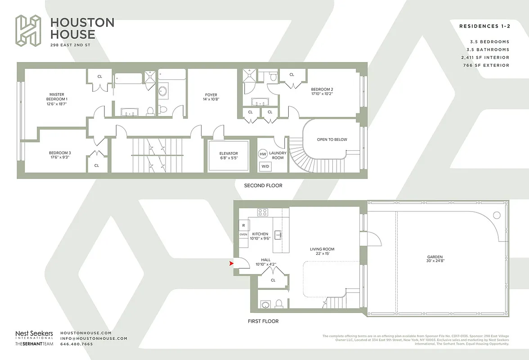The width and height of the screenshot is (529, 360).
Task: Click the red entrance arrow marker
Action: click(231, 264)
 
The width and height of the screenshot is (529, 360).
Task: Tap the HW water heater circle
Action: click(263, 154)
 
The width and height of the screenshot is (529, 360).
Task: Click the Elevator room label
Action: click(229, 153)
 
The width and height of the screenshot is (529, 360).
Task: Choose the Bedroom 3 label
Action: click(60, 153)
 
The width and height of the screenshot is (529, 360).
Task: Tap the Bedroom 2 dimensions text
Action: click(322, 94)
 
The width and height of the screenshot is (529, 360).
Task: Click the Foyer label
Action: click(211, 95)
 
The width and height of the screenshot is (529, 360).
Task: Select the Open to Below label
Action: click(332, 139)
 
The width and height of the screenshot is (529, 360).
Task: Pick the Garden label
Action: click(435, 257)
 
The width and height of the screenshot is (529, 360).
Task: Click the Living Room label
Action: click(322, 249)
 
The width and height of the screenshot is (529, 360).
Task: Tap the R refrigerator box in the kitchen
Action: click(243, 225)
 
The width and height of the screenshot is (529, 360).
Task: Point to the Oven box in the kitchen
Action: click(243, 234)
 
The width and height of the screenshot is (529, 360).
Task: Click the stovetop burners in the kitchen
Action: click(263, 212)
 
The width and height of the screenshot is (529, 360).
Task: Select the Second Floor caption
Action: click(263, 185)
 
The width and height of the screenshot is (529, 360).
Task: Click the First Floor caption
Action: click(263, 321)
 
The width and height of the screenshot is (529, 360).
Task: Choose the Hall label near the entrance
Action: click(266, 260)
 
